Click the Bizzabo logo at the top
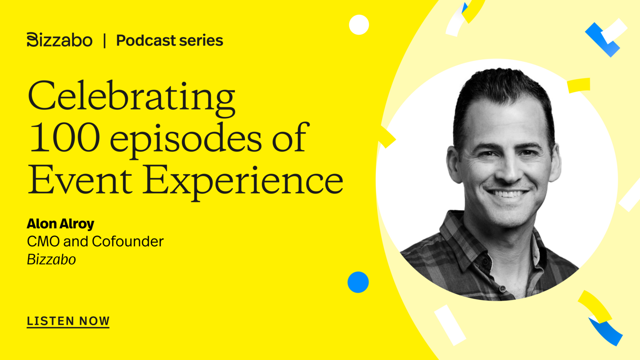pos(59,40)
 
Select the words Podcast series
pos(170,40)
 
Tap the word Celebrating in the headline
pos(131,96)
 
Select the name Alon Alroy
pos(60,224)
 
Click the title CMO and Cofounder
pos(95,242)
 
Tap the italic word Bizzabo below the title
pos(51,260)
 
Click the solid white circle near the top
pos(359,25)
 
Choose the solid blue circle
pos(358,282)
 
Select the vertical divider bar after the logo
pos(104,40)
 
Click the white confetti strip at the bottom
pos(450,324)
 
